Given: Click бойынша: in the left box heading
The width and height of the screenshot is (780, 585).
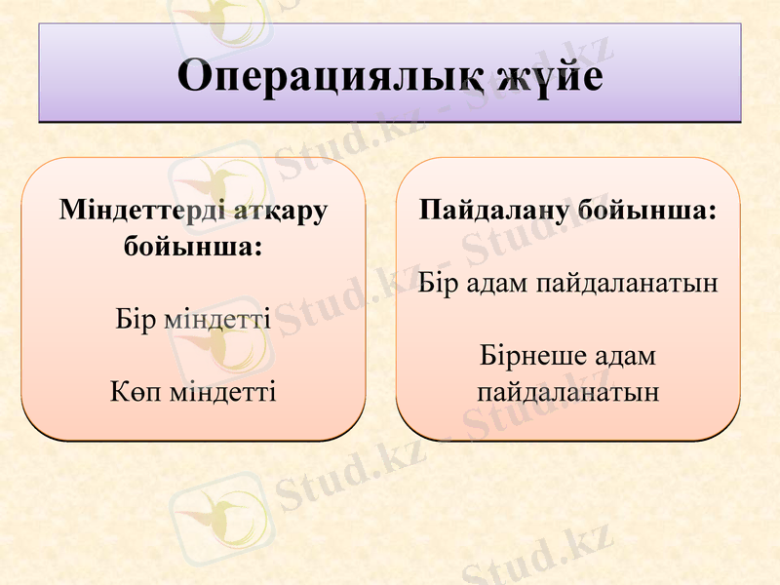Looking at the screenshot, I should click(193, 246).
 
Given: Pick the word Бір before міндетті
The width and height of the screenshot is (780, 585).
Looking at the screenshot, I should click(135, 319).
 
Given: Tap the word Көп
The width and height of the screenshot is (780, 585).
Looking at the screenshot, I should click(135, 392).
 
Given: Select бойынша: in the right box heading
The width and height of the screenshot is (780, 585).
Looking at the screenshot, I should click(647, 211).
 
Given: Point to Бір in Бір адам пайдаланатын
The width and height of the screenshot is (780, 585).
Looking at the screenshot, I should click(437, 284).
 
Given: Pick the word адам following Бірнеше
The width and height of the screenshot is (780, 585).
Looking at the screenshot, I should click(624, 356).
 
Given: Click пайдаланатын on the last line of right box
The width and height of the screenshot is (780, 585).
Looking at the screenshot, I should click(567, 392).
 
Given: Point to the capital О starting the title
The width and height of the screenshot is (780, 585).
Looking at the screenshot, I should click(195, 76).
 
